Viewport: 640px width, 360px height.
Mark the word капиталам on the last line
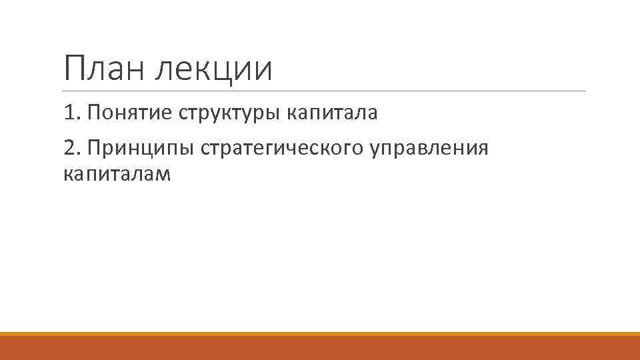117,175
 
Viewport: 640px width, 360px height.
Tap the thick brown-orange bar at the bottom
320,348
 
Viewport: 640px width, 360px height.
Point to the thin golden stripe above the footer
320,333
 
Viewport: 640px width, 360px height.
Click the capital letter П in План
75,69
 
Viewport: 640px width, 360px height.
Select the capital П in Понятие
93,113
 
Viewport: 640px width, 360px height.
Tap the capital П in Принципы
93,147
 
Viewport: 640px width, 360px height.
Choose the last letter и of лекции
265,70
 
